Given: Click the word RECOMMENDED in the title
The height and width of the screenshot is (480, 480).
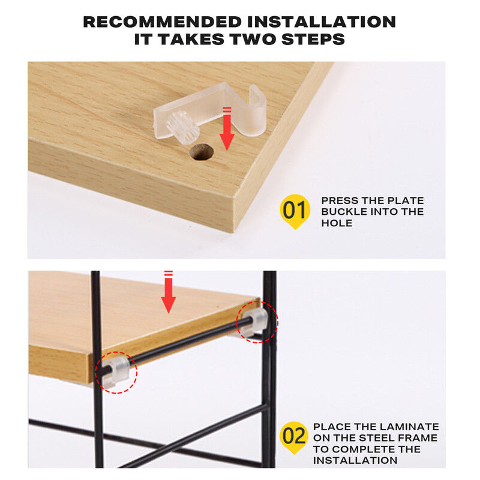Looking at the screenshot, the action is [x=162, y=22].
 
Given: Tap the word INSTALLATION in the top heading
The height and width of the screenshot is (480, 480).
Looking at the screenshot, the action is [x=322, y=22].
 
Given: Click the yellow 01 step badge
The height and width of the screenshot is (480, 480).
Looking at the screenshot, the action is [x=295, y=211].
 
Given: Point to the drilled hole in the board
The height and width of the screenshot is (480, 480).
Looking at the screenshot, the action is [x=202, y=152].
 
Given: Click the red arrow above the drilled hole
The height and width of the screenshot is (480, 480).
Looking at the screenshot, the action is [x=227, y=128].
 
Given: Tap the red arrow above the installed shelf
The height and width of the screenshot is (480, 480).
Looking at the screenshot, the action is [x=169, y=292].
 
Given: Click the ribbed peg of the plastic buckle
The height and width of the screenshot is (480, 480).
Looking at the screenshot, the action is [x=183, y=127].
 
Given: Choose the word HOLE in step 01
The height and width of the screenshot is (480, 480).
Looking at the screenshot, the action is [x=337, y=223].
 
